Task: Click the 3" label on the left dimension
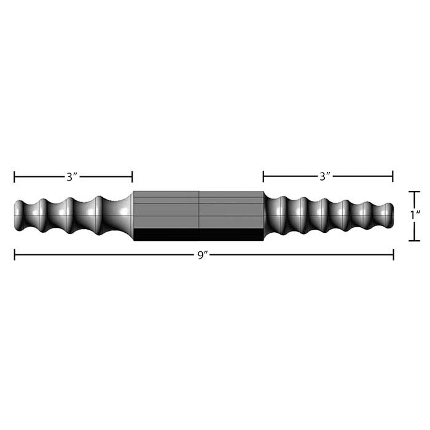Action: click(72, 178)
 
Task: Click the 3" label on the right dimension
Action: click(325, 177)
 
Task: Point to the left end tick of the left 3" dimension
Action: click(15, 178)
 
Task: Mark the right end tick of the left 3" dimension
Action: click(132, 178)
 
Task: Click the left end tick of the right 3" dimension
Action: click(264, 177)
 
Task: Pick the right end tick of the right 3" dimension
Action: click(393, 177)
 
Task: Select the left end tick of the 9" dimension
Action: click(15, 254)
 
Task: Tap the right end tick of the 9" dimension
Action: click(393, 254)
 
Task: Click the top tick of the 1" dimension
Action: click(415, 192)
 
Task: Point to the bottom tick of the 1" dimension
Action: click(415, 240)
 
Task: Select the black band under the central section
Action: click(198, 235)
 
